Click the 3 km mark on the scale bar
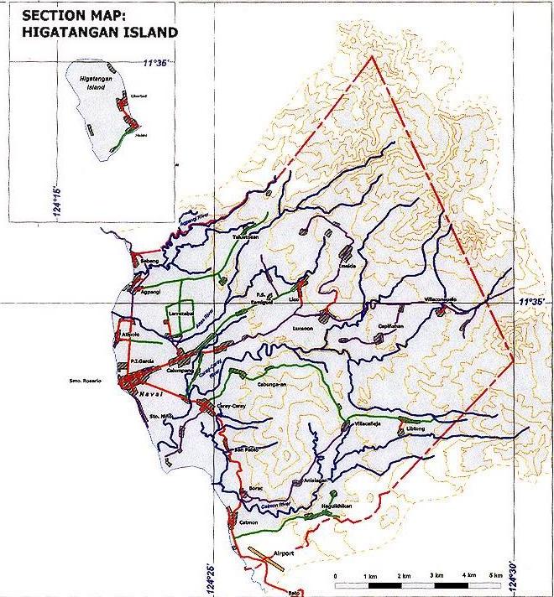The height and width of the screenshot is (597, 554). (435, 577)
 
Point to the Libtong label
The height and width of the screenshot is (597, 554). (416, 428)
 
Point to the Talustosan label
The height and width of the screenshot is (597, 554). (246, 237)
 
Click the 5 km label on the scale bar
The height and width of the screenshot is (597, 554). (497, 577)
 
